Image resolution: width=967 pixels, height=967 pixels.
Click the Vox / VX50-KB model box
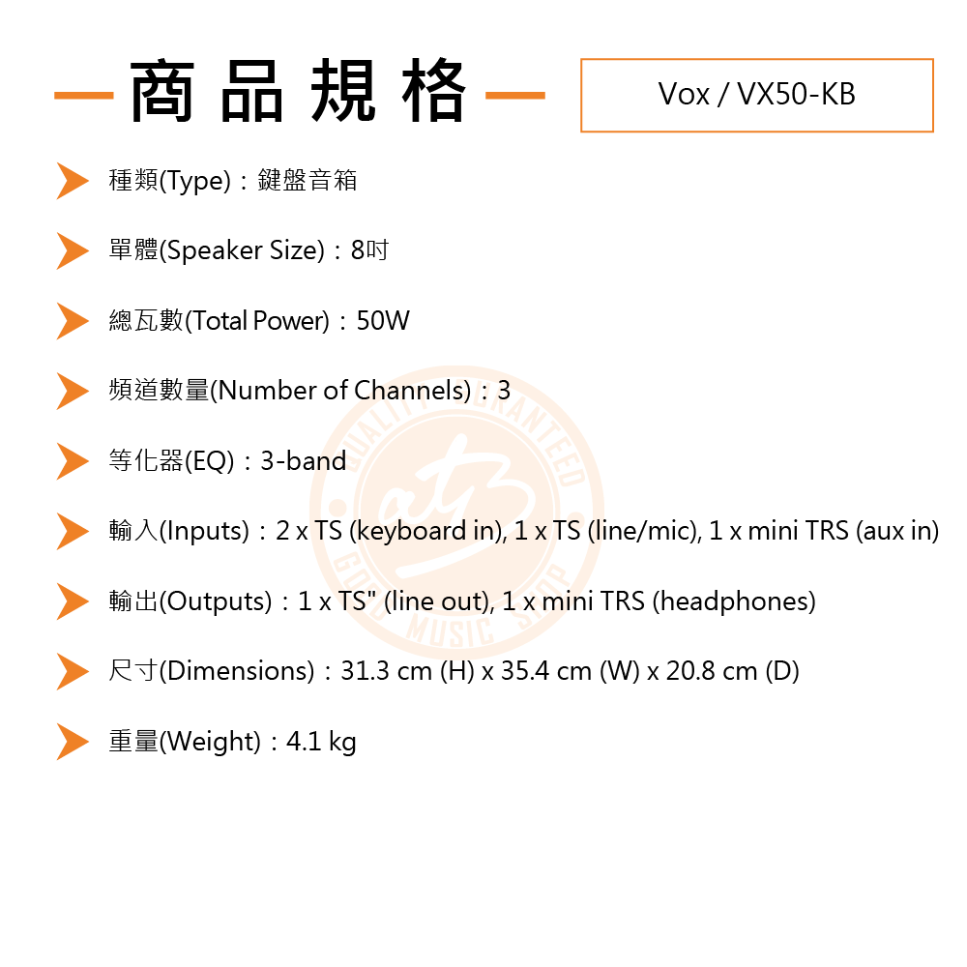(x=756, y=95)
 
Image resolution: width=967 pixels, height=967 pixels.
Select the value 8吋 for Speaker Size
(x=369, y=250)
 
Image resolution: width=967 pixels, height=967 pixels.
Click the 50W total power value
(x=383, y=321)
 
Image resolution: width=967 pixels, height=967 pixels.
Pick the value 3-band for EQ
(x=303, y=461)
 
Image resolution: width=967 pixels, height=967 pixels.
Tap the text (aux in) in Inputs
(x=897, y=531)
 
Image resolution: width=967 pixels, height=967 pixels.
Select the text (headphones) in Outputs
(x=734, y=601)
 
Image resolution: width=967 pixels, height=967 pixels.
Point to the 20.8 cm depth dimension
(x=703, y=671)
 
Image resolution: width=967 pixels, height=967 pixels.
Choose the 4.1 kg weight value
(x=321, y=742)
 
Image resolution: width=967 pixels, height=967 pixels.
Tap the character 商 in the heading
(x=161, y=94)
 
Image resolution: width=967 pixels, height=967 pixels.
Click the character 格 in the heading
(x=433, y=94)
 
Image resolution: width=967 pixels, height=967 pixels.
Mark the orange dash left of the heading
(x=84, y=96)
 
